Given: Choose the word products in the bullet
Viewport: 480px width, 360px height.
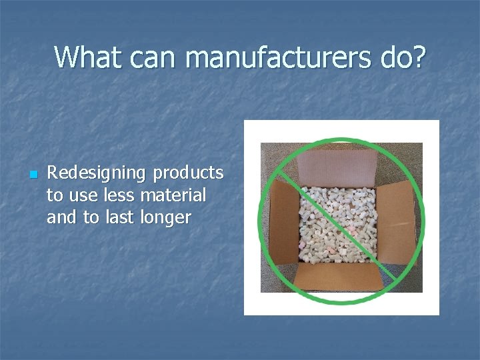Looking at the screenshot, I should tap(189, 173).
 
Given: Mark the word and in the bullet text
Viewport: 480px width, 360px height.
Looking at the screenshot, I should tap(61, 217).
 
